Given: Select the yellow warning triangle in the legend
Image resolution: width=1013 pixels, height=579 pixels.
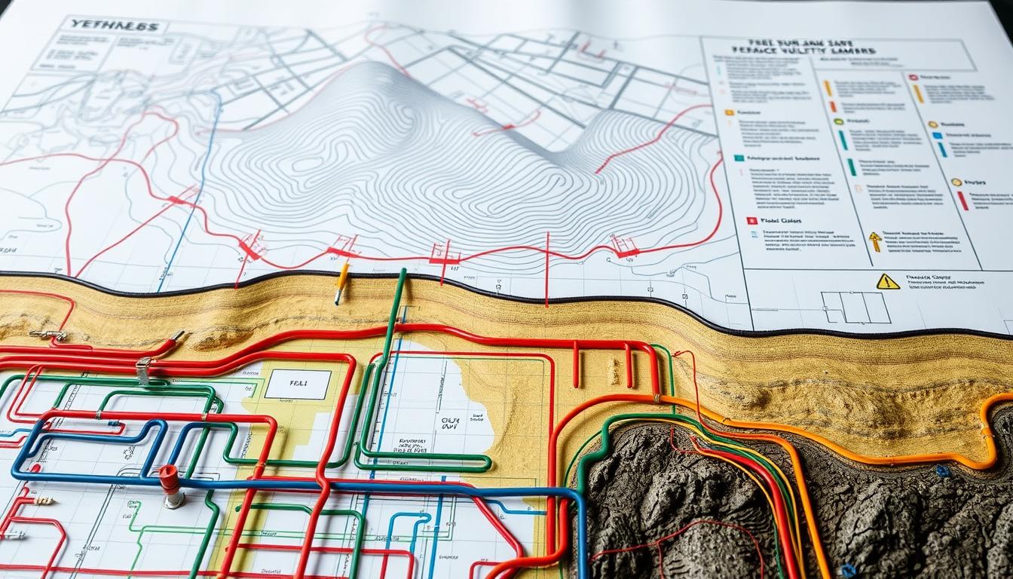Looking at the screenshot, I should (887, 281).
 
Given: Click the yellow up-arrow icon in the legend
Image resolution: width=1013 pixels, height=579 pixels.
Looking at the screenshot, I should (874, 241).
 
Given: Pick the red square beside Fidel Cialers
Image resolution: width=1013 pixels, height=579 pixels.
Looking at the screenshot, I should (751, 221).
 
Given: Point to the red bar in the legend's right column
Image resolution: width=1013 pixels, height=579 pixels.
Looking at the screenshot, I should (963, 200).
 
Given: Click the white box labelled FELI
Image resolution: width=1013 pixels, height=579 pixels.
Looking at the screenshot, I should (298, 384).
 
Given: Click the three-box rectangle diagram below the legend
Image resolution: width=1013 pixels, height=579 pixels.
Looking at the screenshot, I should (855, 308).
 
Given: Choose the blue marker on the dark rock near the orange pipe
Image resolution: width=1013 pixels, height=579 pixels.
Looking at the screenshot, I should (941, 471).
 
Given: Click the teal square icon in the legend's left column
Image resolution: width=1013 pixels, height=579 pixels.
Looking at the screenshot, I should (739, 159).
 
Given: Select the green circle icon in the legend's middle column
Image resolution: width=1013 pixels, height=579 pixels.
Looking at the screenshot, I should (837, 121).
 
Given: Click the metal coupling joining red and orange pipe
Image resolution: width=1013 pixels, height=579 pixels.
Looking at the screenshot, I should (657, 397).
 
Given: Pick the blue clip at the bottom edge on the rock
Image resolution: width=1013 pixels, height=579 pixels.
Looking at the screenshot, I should (848, 571).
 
